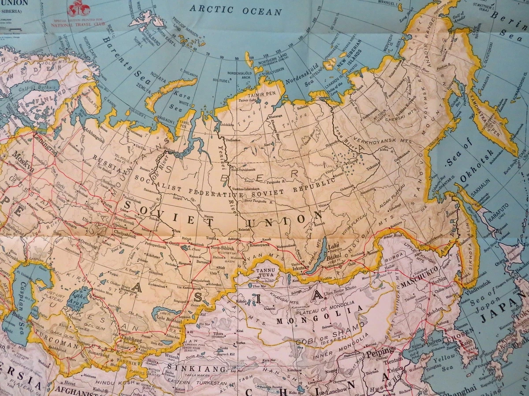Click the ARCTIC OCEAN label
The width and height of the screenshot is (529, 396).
235,9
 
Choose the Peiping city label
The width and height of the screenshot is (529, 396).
380,352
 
